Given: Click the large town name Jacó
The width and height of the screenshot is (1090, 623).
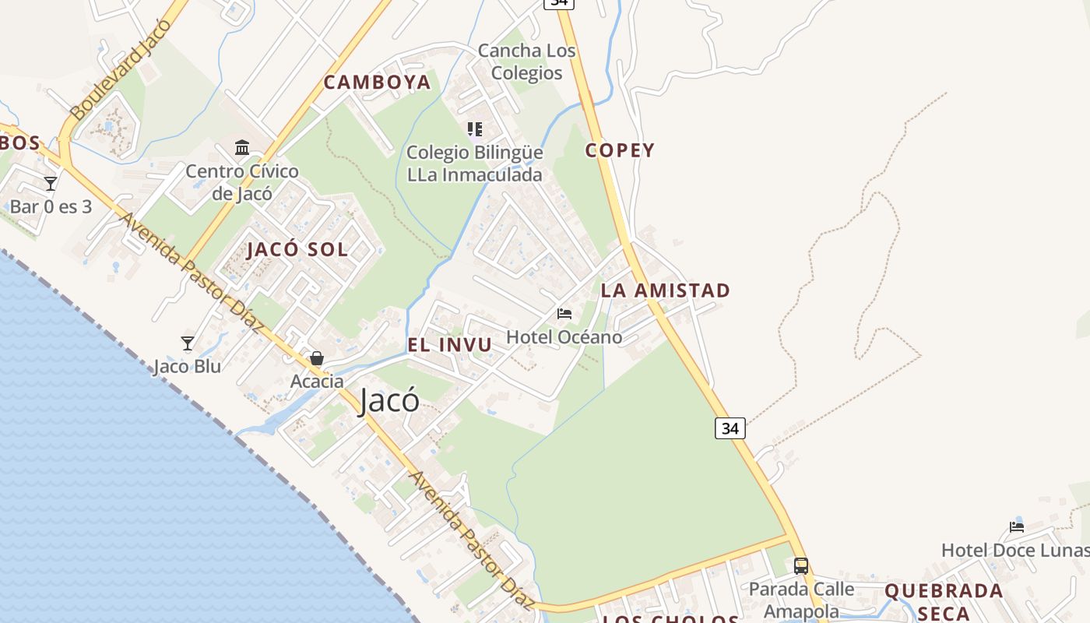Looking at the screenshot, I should click(x=389, y=400).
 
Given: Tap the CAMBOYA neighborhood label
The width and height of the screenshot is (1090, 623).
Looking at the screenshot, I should click(x=377, y=82).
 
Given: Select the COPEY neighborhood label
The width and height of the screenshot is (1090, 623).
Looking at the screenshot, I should click(x=620, y=150).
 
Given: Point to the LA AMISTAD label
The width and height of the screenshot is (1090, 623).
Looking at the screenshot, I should click(x=665, y=290).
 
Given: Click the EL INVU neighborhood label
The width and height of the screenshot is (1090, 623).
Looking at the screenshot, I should click(x=449, y=345).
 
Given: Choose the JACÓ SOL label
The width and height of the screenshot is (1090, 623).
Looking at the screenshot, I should click(x=297, y=250).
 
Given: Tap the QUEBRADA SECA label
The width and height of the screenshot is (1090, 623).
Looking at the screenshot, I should click(x=944, y=601).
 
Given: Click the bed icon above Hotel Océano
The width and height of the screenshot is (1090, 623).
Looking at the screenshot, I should click(x=564, y=314).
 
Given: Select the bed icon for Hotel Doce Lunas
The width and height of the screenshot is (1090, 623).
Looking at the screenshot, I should click(x=1017, y=526).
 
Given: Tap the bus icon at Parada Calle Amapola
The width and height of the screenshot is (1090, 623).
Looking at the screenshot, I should click(x=800, y=566).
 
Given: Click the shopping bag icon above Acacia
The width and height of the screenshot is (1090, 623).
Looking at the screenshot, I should click(x=317, y=358).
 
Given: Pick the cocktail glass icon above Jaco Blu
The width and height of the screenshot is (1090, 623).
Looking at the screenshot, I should click(x=187, y=343).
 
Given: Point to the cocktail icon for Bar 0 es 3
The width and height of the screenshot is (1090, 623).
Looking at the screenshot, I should click(x=51, y=184).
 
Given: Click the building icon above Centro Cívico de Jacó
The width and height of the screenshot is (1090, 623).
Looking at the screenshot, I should click(x=242, y=147).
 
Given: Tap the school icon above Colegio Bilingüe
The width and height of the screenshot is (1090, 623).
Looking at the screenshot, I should click(x=474, y=129).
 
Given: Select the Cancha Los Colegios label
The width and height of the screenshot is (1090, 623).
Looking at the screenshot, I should click(x=526, y=62).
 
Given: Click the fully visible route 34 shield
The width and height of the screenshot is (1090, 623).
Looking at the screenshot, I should click(x=730, y=428).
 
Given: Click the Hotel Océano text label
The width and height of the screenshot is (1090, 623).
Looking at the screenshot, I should click(x=564, y=337).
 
